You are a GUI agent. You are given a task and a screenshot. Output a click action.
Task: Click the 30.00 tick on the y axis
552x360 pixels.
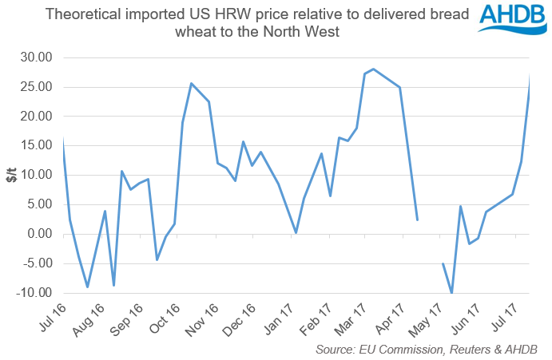[36, 57]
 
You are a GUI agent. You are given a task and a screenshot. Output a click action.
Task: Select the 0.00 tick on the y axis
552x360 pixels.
[40, 234]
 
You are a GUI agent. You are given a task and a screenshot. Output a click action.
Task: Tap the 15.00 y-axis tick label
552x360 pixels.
[36, 117]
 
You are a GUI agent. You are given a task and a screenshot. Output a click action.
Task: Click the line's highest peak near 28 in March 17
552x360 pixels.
[373, 69]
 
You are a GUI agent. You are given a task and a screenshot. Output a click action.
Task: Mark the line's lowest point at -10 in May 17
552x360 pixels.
[452, 293]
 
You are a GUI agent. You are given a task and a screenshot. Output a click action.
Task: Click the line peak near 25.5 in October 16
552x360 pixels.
[191, 83]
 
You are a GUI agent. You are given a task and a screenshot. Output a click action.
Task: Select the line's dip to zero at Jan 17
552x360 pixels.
[296, 232]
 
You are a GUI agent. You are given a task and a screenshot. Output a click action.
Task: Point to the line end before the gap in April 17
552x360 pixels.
[418, 220]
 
